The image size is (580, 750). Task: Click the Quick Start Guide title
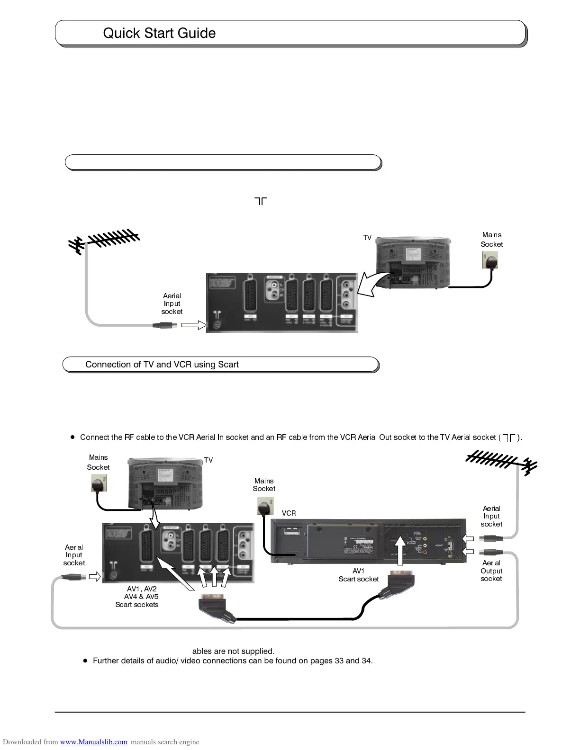coord(159,33)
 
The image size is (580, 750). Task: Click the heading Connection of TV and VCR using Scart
coord(162,365)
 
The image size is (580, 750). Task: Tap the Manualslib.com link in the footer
coord(94,742)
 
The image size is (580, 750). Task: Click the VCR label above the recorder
coord(289,513)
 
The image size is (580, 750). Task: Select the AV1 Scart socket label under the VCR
coord(358,575)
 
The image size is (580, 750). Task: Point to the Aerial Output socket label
coord(491,571)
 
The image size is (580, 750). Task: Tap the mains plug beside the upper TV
coord(490,260)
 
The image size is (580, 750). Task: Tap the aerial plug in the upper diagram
coord(165,325)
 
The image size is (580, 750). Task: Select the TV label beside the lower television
coord(208,460)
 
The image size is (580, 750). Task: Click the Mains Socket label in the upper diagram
coord(491,240)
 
